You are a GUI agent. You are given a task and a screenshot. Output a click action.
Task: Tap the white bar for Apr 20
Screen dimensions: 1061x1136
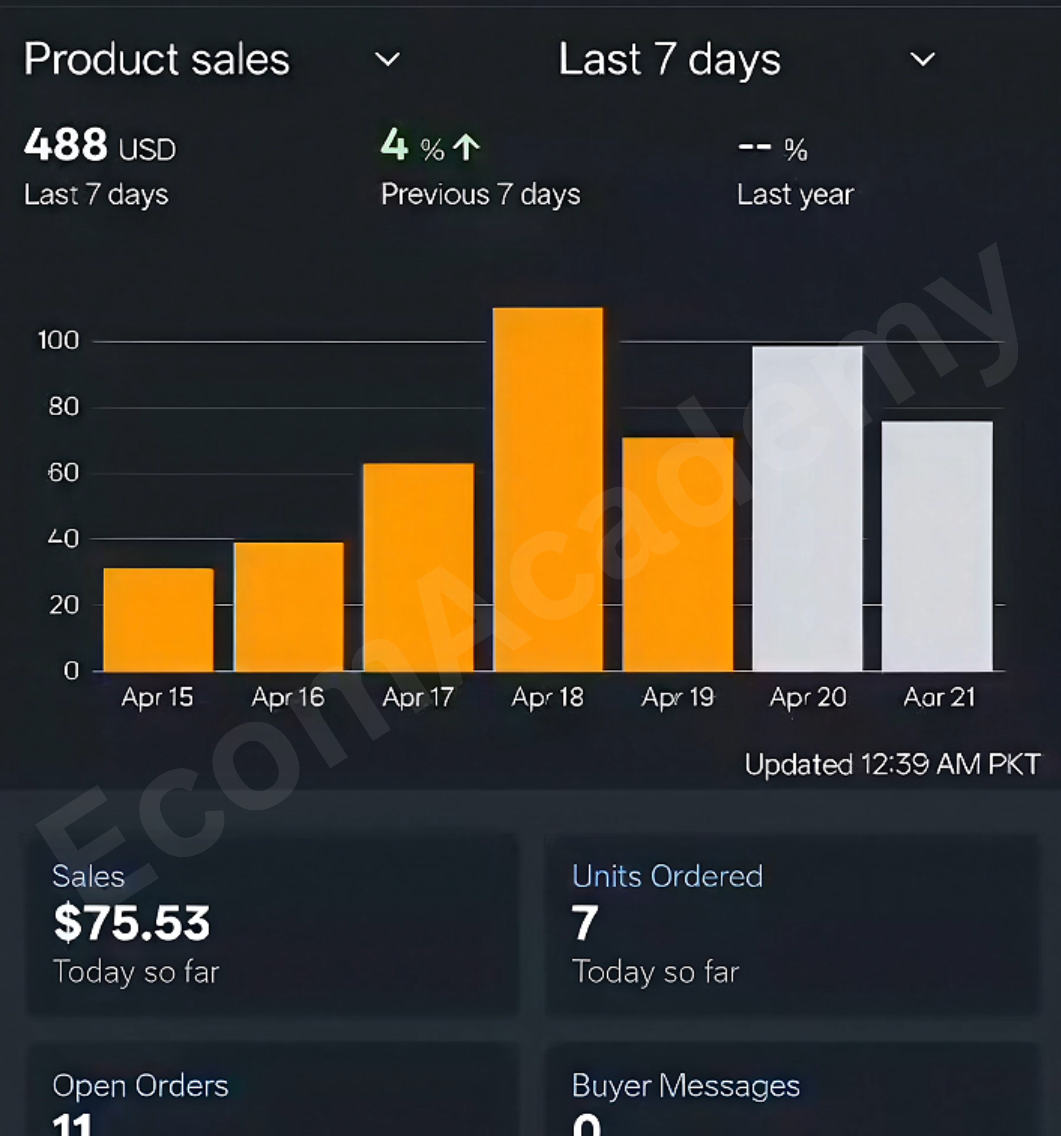tap(807, 508)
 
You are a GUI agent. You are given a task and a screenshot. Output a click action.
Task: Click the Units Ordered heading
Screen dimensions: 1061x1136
tap(667, 876)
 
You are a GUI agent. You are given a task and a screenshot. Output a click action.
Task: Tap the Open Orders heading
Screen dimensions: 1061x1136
tap(141, 1086)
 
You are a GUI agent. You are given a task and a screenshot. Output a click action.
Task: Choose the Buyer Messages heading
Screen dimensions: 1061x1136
tap(686, 1086)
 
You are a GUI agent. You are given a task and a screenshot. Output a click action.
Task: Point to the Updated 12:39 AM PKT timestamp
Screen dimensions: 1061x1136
tap(892, 764)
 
